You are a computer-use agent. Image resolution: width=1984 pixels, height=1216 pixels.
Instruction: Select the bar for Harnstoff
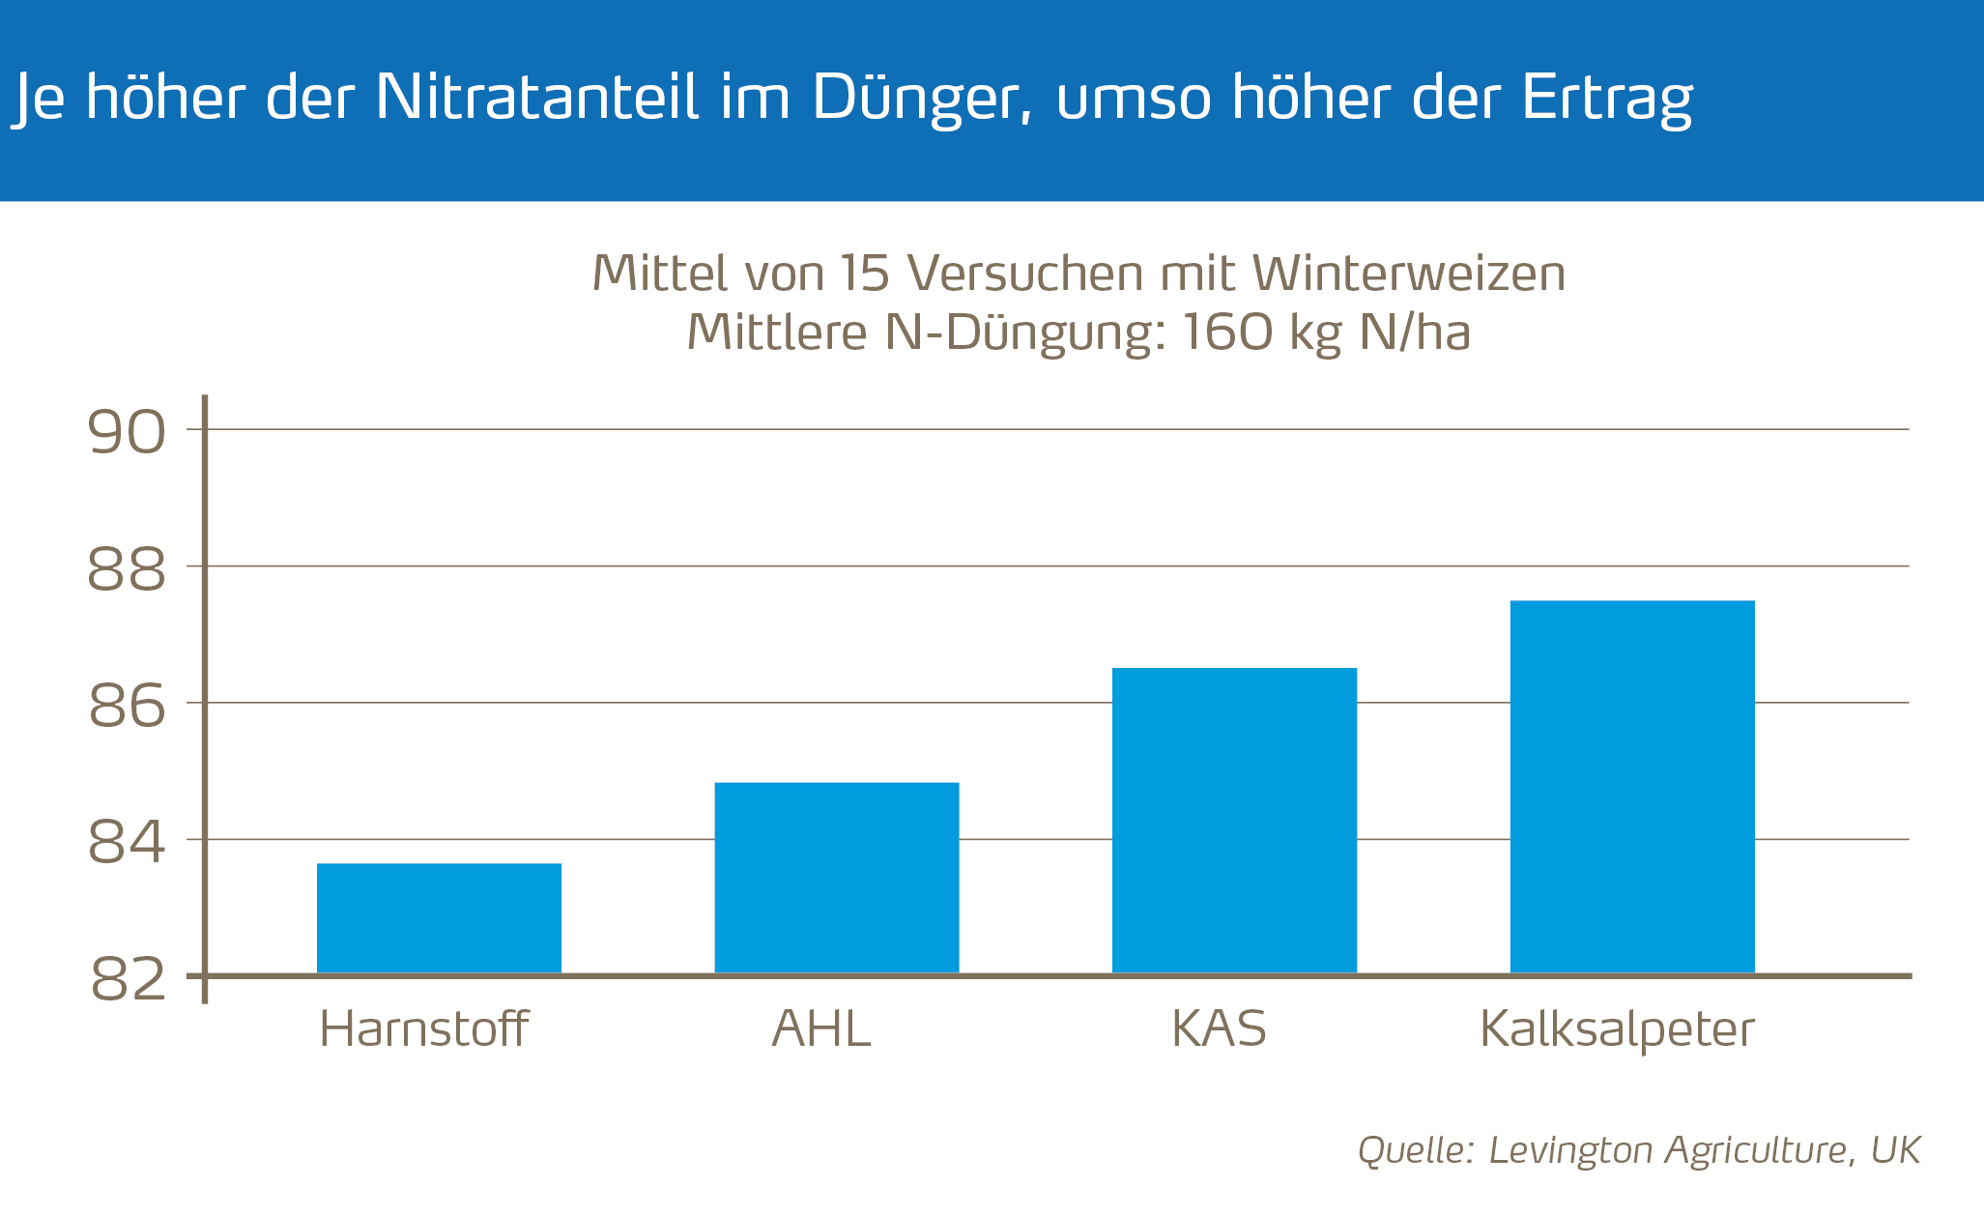coord(439,917)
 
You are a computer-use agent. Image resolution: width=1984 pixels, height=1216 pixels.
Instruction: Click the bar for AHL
coord(836,877)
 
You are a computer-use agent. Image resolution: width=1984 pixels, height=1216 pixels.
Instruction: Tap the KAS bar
coord(1234,820)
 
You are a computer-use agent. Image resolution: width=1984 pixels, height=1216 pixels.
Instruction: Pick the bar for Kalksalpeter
coord(1631,786)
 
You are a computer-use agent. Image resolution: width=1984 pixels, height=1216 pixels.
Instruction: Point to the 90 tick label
coord(127,431)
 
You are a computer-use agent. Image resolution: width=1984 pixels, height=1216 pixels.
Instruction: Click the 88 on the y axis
coord(127,568)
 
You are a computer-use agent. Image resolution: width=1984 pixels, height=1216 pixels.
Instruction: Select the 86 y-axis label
coord(127,706)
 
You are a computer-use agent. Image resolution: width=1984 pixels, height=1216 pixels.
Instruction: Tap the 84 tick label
coord(127,842)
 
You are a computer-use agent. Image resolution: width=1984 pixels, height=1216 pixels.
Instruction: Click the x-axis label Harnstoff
coord(423,1028)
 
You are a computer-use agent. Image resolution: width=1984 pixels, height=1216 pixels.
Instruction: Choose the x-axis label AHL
coord(821,1028)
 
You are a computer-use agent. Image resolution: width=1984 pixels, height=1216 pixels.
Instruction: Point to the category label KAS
coord(1219,1028)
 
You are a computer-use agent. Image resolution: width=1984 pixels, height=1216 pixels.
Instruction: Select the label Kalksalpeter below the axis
coord(1617,1030)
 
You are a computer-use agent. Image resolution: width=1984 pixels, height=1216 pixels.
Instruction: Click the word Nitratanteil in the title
coord(535,97)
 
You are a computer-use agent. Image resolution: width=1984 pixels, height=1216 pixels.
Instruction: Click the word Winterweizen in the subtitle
coord(1409,274)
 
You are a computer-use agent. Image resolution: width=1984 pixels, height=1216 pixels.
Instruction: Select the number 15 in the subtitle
coord(863,274)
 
